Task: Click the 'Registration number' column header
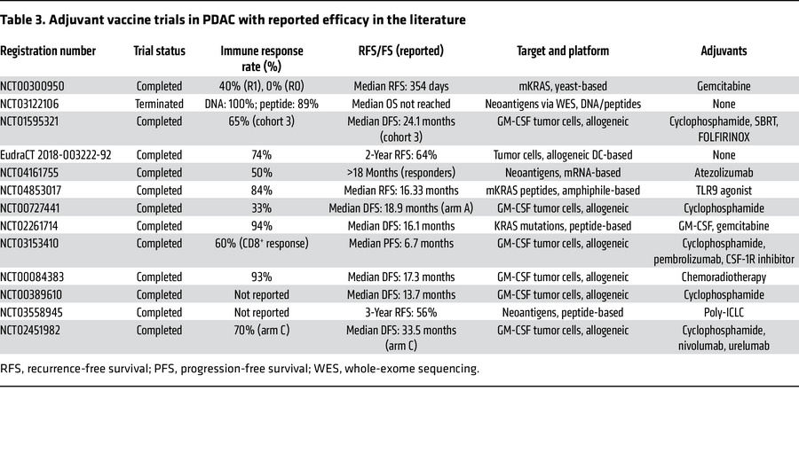48,51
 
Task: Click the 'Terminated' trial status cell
161,104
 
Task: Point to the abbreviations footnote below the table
240,368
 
